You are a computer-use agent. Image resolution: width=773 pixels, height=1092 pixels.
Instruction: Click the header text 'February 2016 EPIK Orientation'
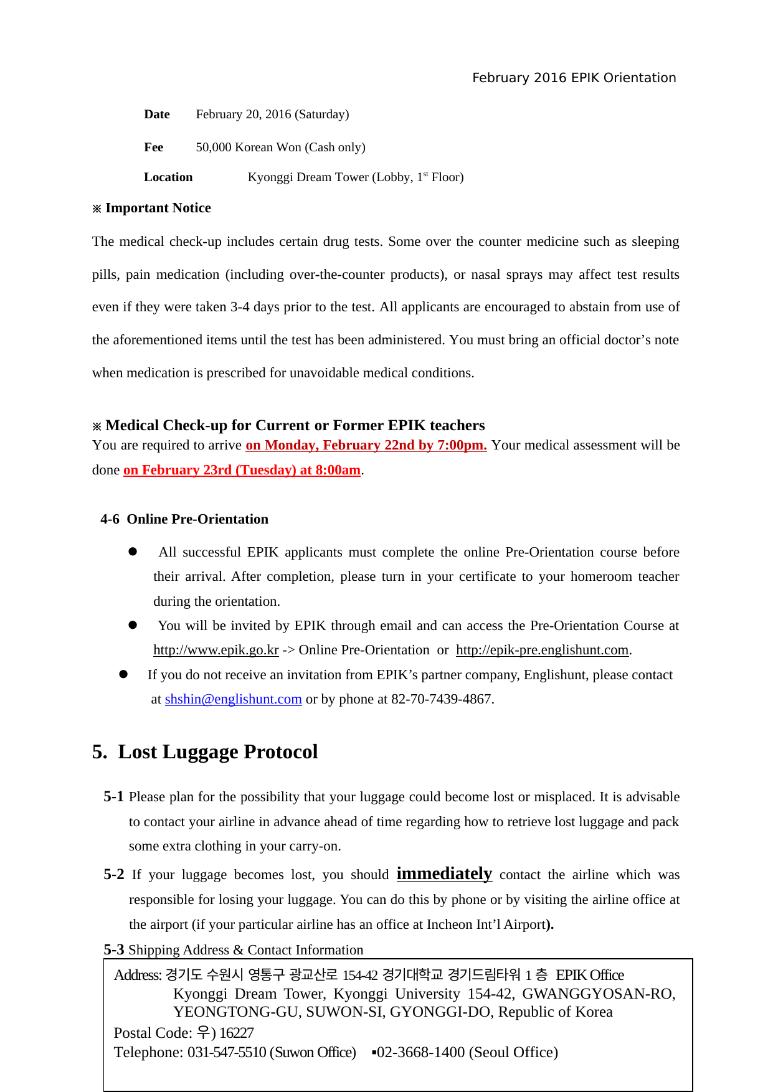tap(574, 78)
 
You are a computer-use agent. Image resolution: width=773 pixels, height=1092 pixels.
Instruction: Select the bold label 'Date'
tap(157, 114)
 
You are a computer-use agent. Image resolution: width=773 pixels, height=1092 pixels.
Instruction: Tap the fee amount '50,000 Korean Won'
tap(249, 147)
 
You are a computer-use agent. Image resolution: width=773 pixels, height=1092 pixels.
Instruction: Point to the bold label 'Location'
tap(168, 177)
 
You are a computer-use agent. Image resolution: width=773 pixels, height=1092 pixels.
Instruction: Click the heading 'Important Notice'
tap(158, 208)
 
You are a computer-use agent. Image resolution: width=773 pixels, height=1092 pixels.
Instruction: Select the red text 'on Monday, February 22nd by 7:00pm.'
tap(366, 445)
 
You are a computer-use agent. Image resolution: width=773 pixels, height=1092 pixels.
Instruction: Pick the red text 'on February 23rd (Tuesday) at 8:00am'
tap(242, 470)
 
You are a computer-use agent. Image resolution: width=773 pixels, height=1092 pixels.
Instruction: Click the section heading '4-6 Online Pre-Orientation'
tap(184, 519)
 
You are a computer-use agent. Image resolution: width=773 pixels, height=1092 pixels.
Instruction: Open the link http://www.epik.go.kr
tap(216, 650)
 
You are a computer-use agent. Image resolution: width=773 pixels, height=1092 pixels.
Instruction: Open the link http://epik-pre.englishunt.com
tap(542, 650)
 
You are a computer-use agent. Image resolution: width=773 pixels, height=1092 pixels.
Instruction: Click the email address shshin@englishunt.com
tap(233, 699)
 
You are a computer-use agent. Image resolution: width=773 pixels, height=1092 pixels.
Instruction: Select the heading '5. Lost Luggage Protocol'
tap(205, 752)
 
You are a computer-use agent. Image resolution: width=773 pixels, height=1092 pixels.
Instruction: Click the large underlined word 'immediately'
tap(444, 873)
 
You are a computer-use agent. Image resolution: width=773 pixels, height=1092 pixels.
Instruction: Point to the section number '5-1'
tap(113, 797)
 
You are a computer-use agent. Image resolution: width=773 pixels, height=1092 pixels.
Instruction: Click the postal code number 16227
tap(237, 1033)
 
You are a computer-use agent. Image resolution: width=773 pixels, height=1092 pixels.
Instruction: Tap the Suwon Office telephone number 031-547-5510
tap(227, 1052)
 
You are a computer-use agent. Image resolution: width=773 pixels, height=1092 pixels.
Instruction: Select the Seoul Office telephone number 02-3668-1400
tap(420, 1052)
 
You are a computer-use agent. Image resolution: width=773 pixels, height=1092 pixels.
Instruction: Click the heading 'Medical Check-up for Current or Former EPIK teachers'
tap(295, 425)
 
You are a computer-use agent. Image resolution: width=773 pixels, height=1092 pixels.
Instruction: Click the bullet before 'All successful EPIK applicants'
tap(133, 552)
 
